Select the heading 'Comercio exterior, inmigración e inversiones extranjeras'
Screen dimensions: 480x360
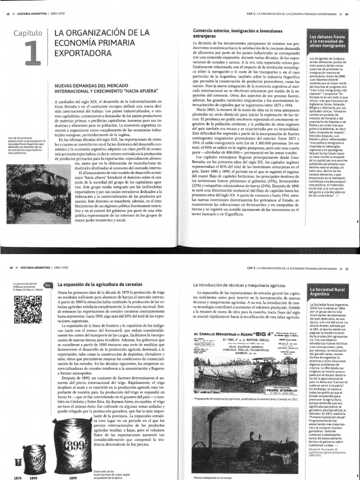228,32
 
